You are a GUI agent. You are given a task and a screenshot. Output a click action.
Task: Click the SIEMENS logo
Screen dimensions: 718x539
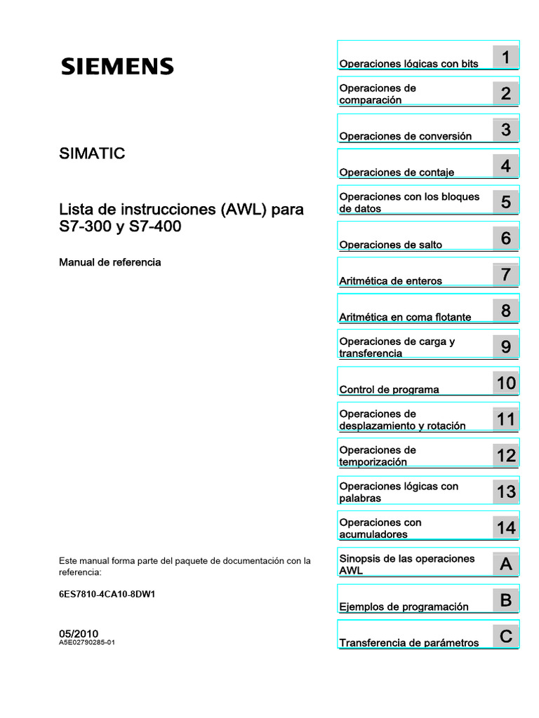click(x=117, y=67)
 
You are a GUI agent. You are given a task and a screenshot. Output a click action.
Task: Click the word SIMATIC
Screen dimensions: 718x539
click(x=92, y=154)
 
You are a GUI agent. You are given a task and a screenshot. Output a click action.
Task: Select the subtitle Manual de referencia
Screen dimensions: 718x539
click(x=109, y=262)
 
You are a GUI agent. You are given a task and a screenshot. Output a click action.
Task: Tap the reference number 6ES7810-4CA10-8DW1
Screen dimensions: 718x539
click(x=107, y=594)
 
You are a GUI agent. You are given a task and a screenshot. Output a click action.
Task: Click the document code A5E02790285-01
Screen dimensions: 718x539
click(x=87, y=642)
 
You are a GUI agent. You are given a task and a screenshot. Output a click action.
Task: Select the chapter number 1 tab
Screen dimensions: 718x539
click(x=505, y=57)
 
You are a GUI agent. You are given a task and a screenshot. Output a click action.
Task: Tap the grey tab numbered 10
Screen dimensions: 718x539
click(x=505, y=383)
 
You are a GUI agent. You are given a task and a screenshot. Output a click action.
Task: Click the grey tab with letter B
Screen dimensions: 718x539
click(x=505, y=600)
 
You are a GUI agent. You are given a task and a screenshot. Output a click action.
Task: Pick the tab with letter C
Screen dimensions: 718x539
click(x=505, y=637)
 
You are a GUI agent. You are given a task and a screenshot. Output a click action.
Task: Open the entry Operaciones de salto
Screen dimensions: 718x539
click(x=390, y=245)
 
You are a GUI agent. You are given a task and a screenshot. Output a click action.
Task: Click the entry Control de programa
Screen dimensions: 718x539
click(x=389, y=389)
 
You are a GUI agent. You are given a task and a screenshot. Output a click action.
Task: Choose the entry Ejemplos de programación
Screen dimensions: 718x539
click(x=404, y=607)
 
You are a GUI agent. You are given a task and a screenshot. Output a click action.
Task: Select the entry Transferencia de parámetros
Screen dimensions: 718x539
click(x=408, y=643)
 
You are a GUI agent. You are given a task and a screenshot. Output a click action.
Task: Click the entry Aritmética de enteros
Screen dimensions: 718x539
click(x=390, y=280)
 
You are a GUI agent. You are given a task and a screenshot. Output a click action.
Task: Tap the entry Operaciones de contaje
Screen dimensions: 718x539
click(x=397, y=172)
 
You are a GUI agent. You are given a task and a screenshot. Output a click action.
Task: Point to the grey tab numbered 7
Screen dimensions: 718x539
click(x=505, y=274)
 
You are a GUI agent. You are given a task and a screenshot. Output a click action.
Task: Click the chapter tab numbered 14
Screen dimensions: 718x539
click(x=505, y=528)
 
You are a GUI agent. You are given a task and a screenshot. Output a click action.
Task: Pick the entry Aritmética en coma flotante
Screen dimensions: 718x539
click(x=405, y=317)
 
